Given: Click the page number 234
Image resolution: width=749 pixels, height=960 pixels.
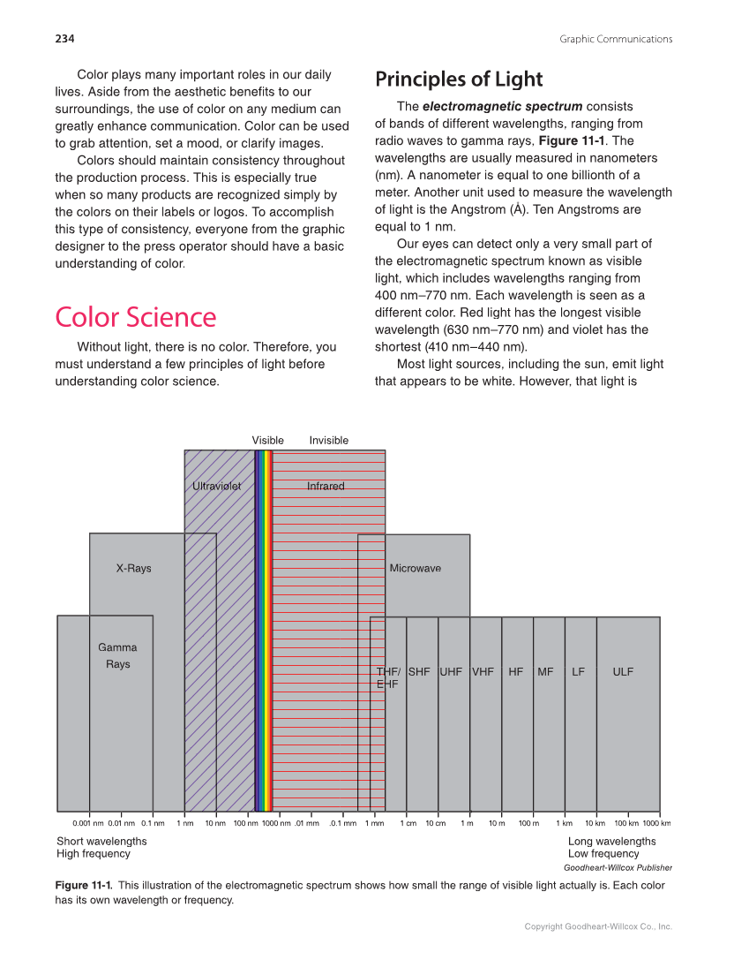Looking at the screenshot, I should tap(64, 38).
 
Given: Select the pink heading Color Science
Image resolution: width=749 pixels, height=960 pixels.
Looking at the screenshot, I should tap(135, 317).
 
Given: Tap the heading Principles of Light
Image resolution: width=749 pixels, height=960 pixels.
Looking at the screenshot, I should tap(459, 79).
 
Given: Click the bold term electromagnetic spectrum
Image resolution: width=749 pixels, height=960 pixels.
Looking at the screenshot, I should tap(502, 107).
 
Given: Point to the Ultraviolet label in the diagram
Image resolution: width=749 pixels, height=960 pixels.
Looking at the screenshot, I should tap(216, 486).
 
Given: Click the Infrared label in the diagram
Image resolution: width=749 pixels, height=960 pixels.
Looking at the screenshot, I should tap(326, 486).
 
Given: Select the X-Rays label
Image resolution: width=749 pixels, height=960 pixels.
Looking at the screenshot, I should tap(133, 568).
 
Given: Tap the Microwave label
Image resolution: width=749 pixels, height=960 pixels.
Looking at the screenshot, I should tap(415, 568).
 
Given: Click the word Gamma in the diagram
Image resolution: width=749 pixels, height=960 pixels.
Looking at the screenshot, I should tap(117, 647).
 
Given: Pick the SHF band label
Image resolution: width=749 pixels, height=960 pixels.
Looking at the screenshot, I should tap(419, 671).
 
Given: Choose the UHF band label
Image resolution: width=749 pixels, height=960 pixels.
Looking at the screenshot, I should tap(451, 671).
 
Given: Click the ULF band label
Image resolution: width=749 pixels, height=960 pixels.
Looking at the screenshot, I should tap(623, 671).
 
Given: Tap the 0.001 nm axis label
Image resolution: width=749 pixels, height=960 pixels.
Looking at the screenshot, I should tap(88, 823).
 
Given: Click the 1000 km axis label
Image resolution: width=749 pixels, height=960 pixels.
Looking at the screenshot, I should tap(656, 823).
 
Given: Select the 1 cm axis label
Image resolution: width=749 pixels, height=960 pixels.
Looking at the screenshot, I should tap(408, 823).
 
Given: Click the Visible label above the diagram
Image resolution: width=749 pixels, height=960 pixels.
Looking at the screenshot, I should tap(267, 440).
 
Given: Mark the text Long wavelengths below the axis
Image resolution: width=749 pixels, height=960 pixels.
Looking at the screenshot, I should tap(611, 841).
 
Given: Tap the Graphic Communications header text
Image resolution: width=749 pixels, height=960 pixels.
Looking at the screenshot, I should tap(616, 38).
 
